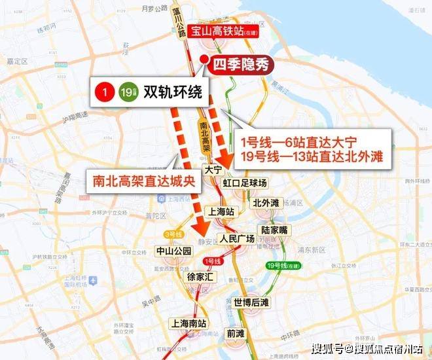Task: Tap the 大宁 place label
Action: click(x=212, y=169)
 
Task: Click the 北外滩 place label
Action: click(x=266, y=202)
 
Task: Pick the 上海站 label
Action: click(x=221, y=211)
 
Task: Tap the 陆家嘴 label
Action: click(x=275, y=230)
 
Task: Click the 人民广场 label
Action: click(x=238, y=238)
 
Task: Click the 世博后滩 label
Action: click(x=251, y=302)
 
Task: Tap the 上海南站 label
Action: click(x=188, y=323)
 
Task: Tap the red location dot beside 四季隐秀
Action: click(x=205, y=63)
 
